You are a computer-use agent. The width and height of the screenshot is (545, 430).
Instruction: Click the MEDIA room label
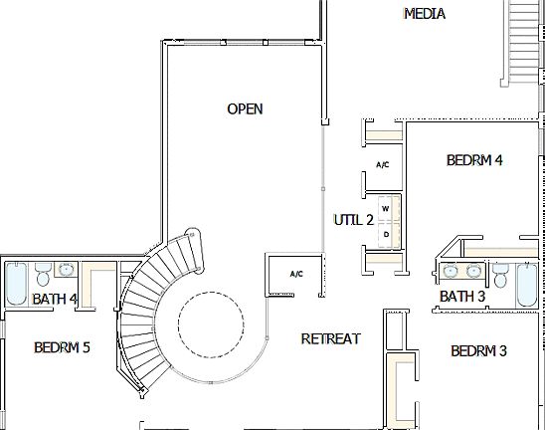(424, 14)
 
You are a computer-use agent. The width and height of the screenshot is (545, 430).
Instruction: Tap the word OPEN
(245, 108)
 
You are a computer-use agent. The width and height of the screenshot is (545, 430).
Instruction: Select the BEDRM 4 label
(474, 159)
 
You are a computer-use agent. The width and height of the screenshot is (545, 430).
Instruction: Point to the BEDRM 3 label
(478, 351)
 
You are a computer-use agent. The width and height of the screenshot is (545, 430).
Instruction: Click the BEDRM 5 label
(62, 347)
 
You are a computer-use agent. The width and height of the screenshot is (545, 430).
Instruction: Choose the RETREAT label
(330, 339)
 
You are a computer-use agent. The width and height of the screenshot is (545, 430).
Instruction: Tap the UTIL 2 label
(352, 220)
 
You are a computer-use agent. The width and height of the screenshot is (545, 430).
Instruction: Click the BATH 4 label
(55, 299)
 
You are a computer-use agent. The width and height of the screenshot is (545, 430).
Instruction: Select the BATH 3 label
(462, 297)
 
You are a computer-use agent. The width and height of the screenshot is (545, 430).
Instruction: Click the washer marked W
(385, 209)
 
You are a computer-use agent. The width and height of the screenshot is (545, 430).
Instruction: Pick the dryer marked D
(385, 234)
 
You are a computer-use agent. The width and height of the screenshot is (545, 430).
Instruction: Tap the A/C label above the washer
(382, 165)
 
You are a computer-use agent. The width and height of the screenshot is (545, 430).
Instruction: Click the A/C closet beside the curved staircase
(295, 274)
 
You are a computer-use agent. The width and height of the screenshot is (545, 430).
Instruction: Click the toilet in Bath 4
(42, 274)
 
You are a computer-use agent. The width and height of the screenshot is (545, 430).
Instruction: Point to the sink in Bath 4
(66, 270)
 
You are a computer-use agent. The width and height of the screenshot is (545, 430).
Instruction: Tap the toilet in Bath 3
(500, 274)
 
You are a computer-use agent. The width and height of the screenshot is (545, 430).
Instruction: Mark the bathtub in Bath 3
(527, 285)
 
